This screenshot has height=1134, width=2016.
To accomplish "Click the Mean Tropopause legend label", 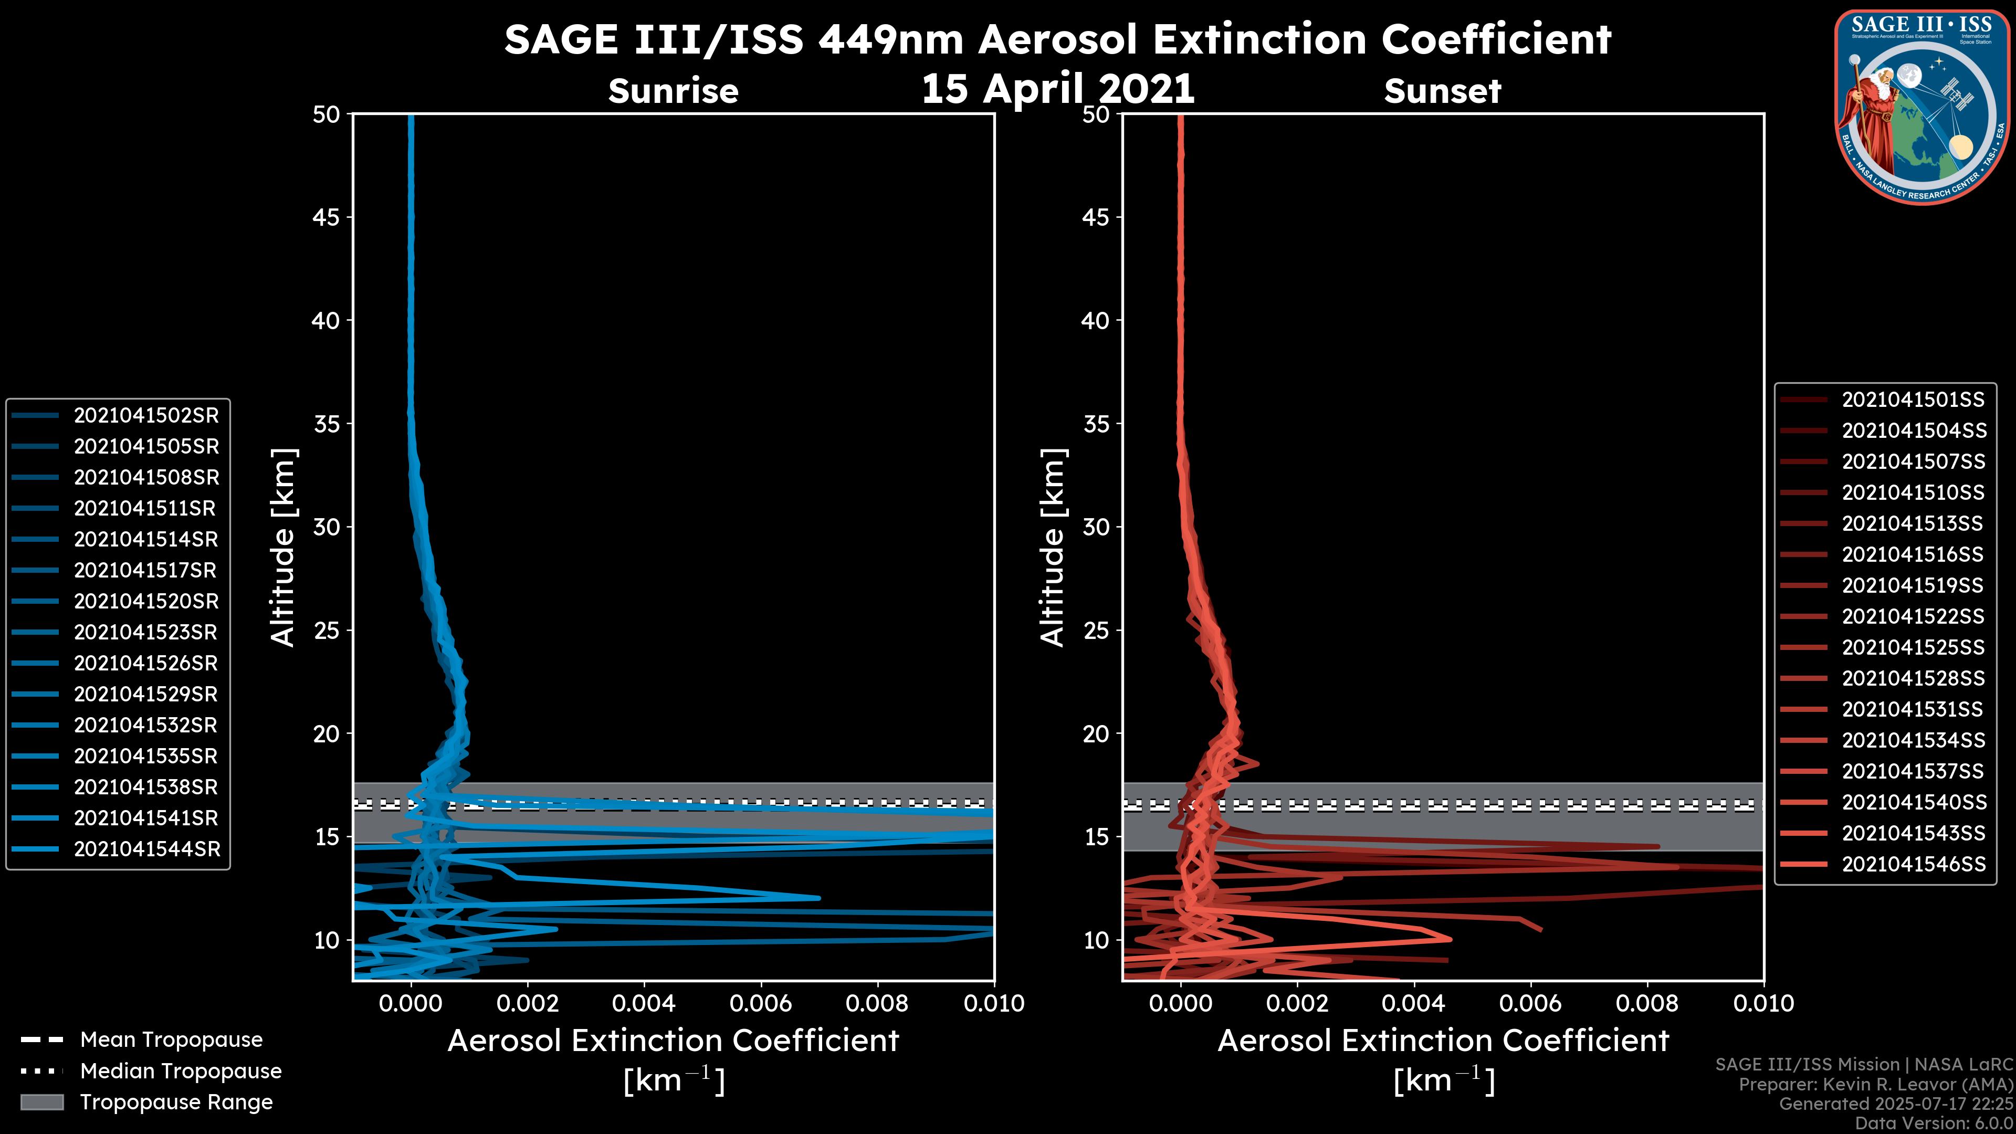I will click(171, 1039).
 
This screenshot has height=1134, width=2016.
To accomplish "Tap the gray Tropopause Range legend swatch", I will click(42, 1102).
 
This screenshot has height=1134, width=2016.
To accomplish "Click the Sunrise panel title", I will click(673, 91).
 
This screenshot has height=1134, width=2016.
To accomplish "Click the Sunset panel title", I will click(1442, 91).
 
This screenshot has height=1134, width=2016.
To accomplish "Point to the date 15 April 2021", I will click(1057, 88).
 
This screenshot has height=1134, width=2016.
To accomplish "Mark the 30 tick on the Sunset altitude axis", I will click(1096, 527).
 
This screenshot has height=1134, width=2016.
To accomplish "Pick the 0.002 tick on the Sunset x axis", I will click(1297, 1003).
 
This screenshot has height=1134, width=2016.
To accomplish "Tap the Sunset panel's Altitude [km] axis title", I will click(1053, 548).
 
